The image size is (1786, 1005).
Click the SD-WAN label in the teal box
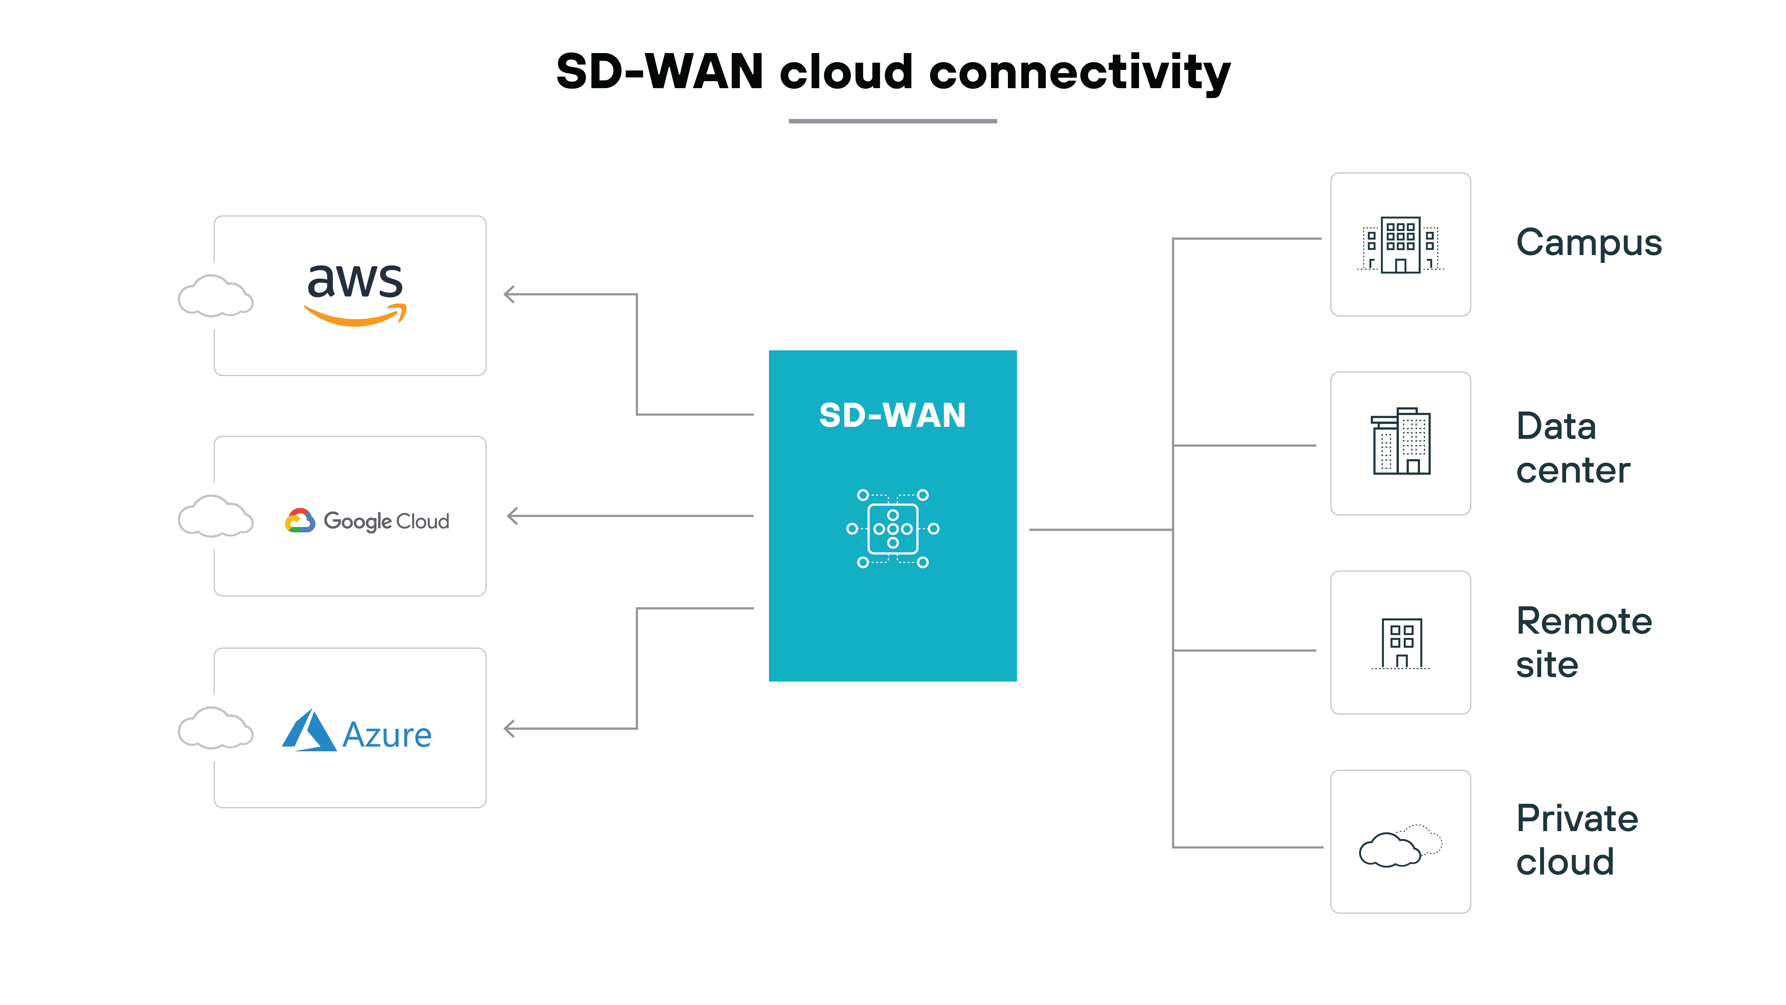point(892,416)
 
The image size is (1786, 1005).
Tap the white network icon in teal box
point(892,529)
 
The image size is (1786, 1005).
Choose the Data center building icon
point(1401,442)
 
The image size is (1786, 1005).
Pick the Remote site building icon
point(1401,643)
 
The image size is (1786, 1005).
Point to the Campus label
point(1588,243)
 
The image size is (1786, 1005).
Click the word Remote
point(1584,621)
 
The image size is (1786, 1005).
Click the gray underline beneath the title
point(892,121)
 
